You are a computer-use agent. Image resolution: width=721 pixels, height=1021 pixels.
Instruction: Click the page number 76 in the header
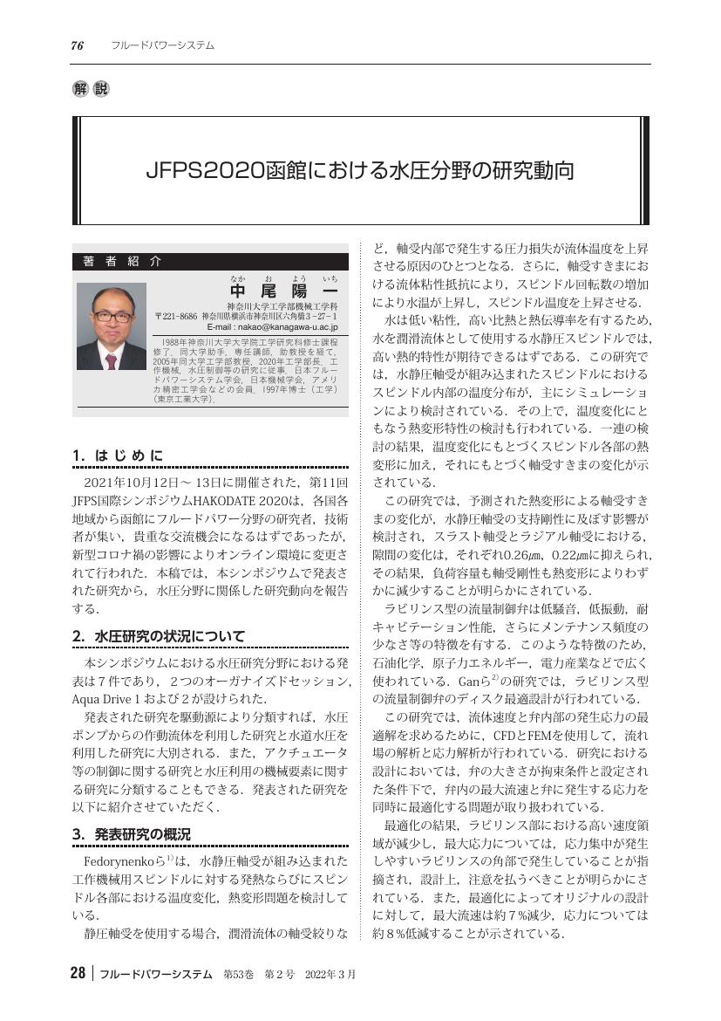pyautogui.click(x=77, y=45)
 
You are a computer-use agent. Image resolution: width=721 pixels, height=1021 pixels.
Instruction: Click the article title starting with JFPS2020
pyautogui.click(x=360, y=170)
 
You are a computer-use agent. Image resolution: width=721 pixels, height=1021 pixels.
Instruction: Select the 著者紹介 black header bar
pyautogui.click(x=210, y=261)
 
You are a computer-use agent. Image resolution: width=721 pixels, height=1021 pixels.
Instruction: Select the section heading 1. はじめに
pyautogui.click(x=119, y=455)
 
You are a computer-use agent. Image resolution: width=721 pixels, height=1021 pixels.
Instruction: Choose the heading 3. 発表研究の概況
pyautogui.click(x=132, y=833)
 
